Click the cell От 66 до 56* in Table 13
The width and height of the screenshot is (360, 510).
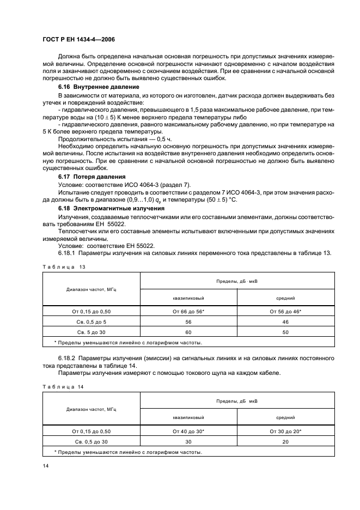point(188,311)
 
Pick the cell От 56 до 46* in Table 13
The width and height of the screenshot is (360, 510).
point(285,311)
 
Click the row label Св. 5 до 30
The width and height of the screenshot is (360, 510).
point(91,331)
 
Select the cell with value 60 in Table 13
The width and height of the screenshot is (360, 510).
point(188,331)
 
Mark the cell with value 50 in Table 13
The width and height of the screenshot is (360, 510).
point(285,331)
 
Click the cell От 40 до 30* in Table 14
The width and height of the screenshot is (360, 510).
point(188,431)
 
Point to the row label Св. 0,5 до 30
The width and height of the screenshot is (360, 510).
point(91,441)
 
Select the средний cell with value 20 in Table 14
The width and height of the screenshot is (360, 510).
point(285,441)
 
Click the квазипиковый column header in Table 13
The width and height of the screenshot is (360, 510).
point(188,298)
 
